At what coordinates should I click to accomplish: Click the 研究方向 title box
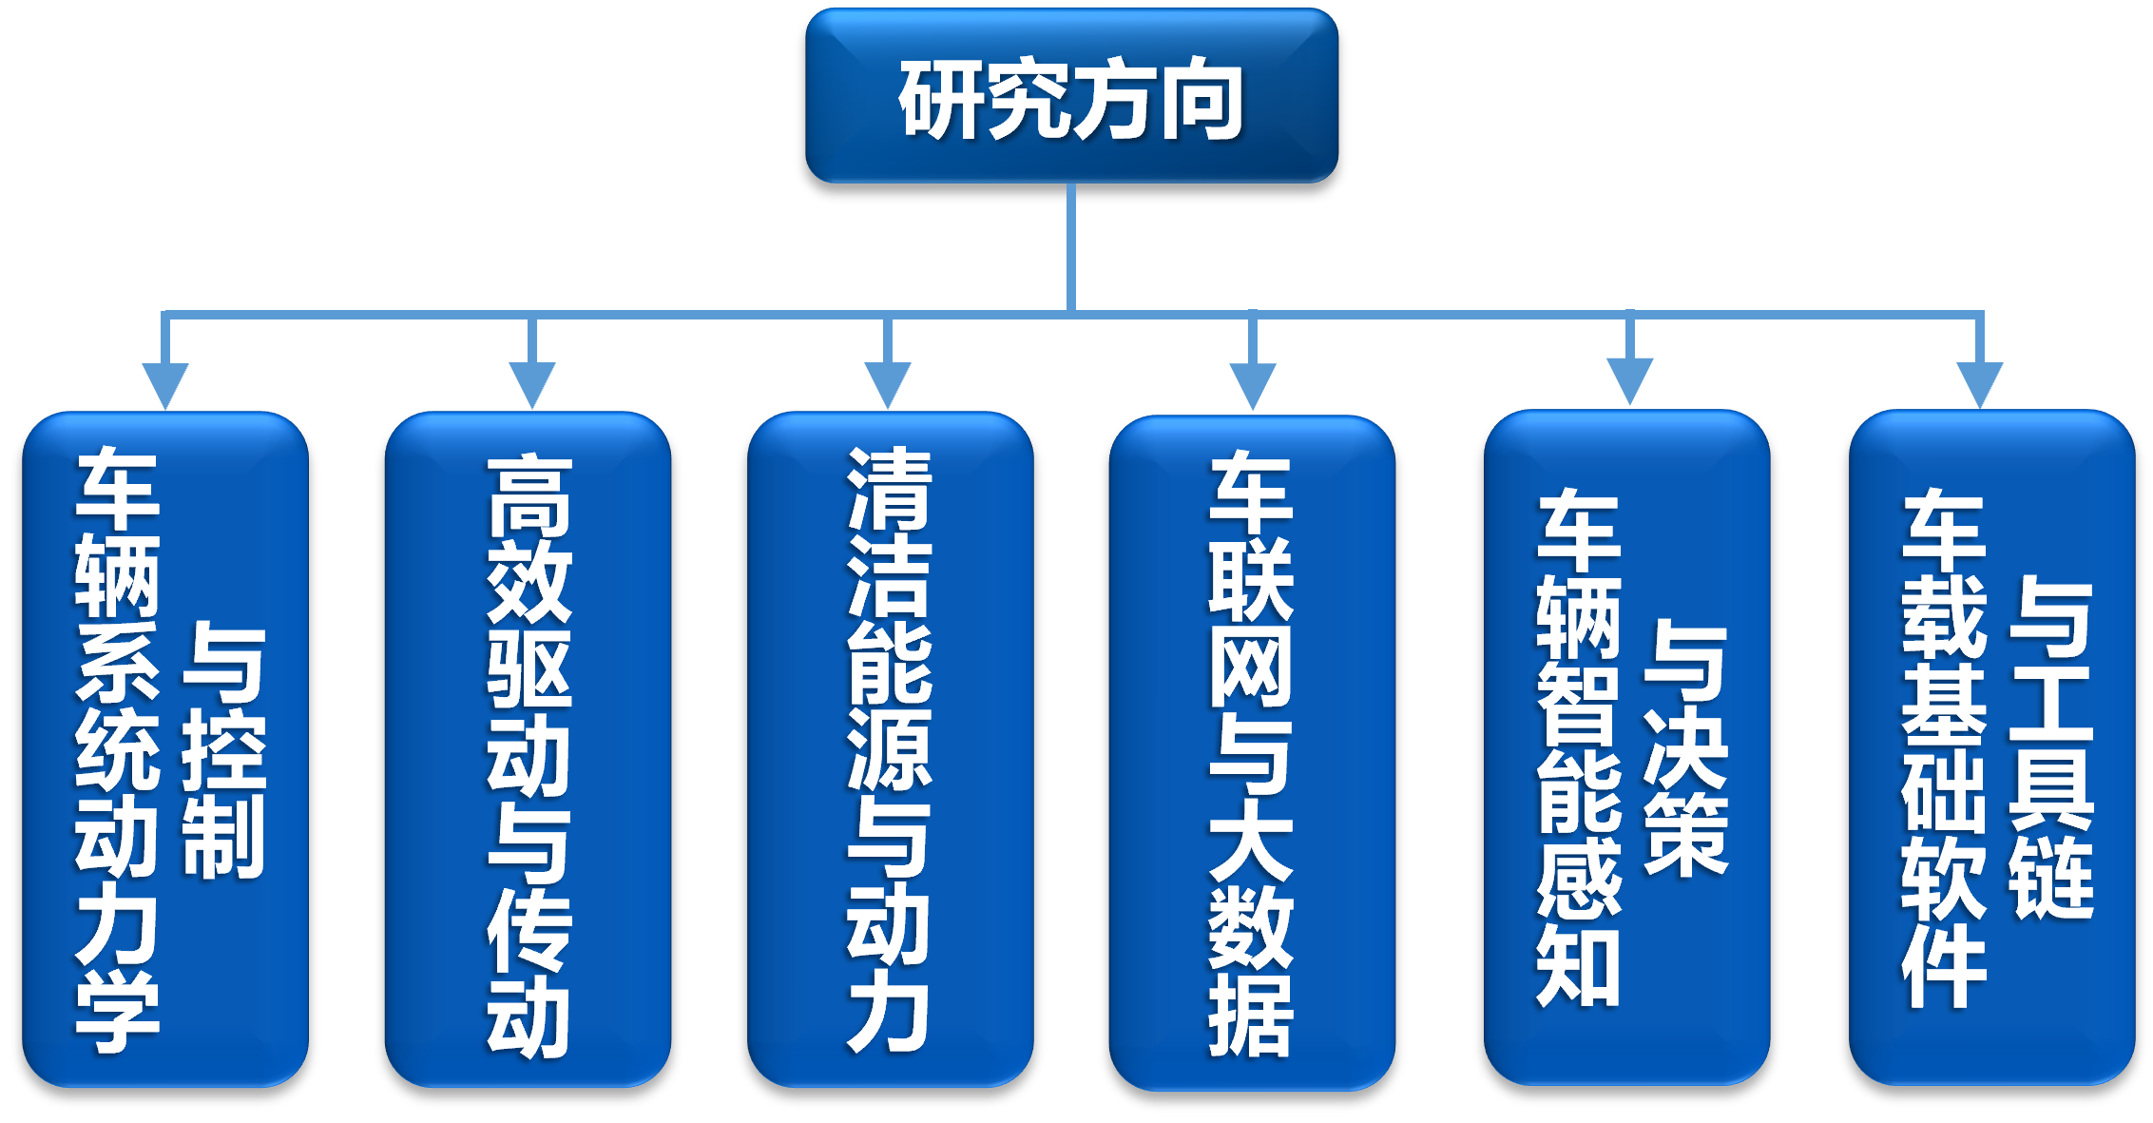point(1071,95)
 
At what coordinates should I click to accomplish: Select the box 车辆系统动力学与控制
point(165,748)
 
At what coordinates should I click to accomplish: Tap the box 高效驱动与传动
point(528,748)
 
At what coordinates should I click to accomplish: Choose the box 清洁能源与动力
point(890,748)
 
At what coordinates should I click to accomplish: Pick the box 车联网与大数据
point(1251,751)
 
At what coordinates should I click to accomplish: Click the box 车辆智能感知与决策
point(1626,746)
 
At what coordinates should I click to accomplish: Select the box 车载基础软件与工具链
point(1991,746)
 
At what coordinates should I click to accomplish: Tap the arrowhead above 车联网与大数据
point(1253,384)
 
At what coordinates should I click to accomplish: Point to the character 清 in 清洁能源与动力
point(890,489)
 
